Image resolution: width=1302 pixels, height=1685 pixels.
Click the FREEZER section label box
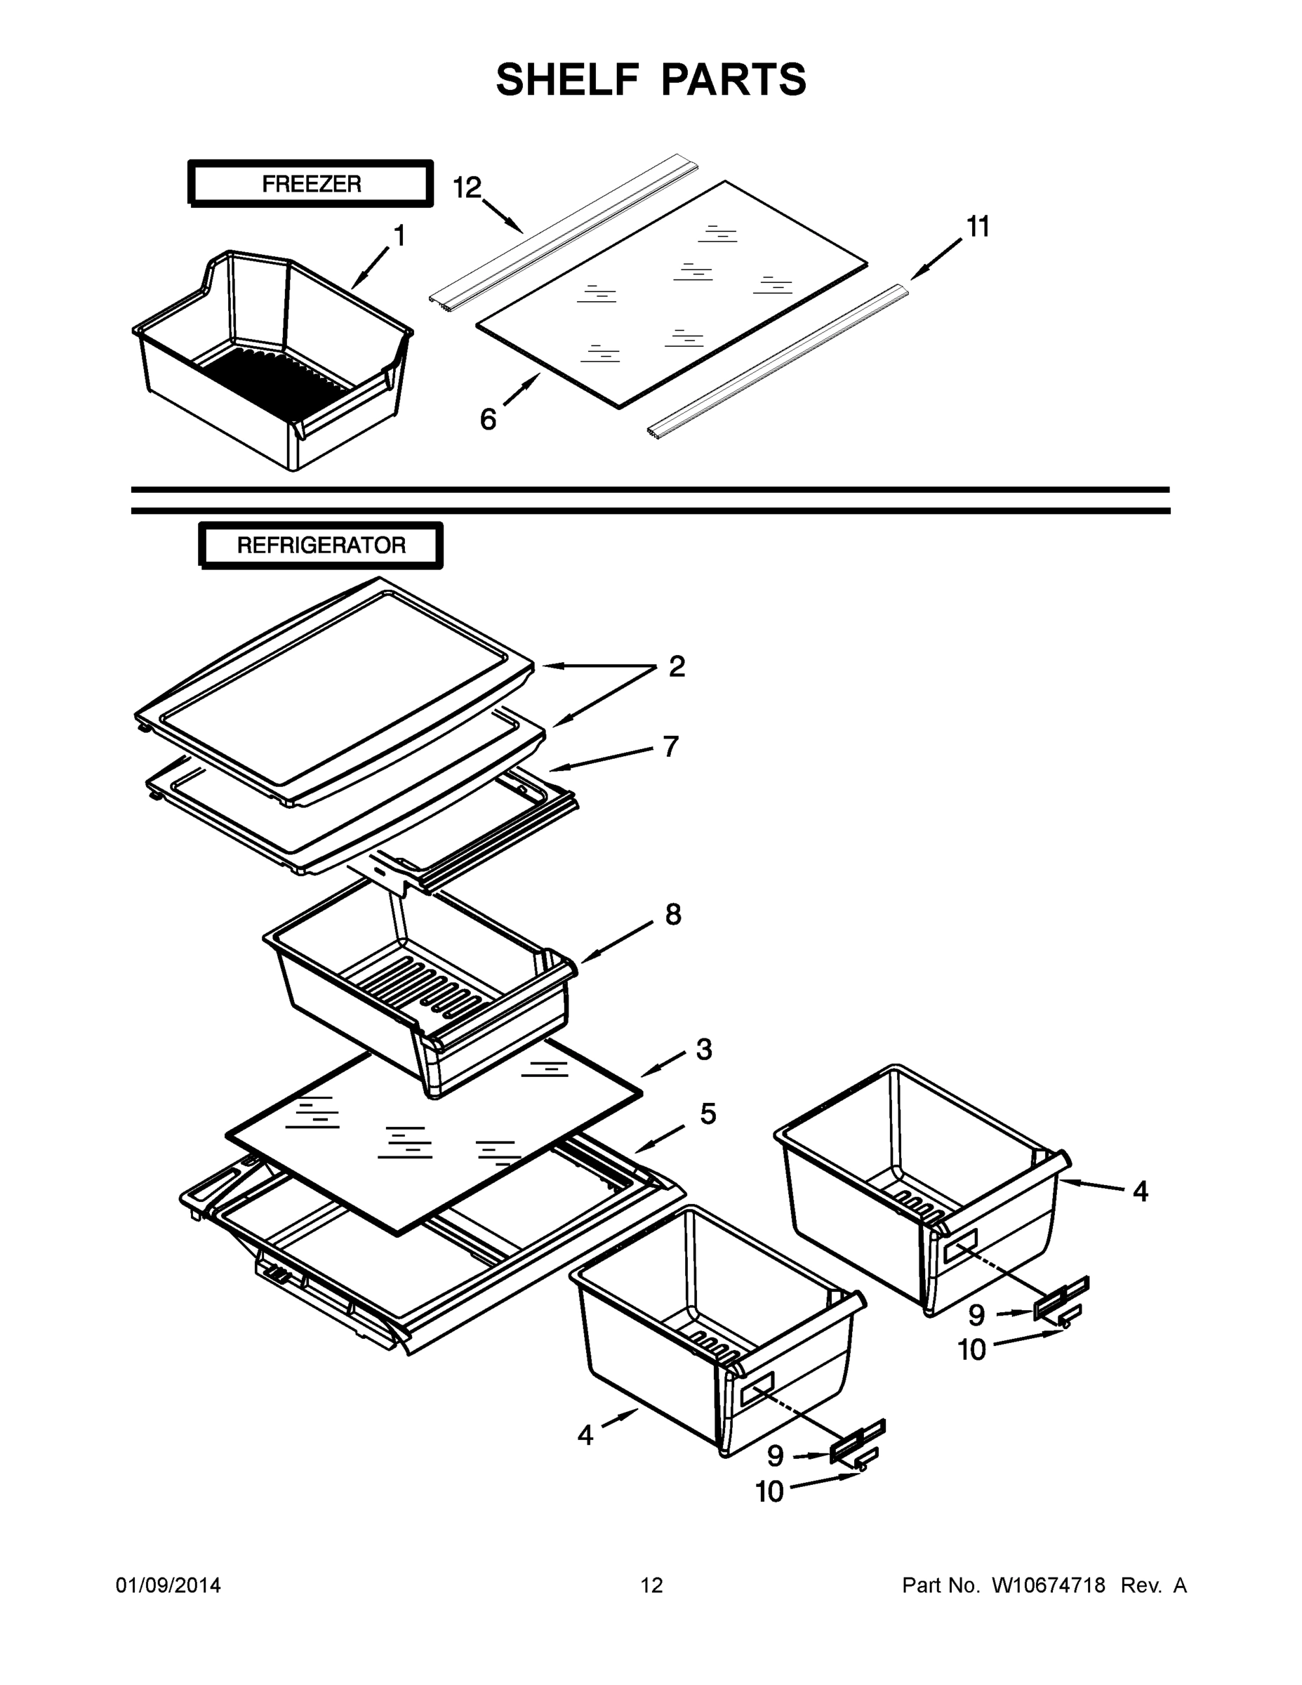[311, 185]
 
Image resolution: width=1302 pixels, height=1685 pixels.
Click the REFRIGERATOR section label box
[321, 546]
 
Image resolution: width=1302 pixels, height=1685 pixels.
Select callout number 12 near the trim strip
[467, 187]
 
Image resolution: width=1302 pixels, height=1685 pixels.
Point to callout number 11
[977, 227]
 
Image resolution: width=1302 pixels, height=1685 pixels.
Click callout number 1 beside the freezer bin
[399, 236]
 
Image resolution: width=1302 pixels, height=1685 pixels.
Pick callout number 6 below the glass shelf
[489, 419]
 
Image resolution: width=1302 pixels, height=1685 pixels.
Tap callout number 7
[670, 746]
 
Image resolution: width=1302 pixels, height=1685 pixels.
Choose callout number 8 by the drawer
[672, 915]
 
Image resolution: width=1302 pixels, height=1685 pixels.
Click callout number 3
[703, 1050]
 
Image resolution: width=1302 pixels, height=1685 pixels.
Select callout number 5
[708, 1114]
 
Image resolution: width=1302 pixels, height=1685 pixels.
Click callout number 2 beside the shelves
[677, 666]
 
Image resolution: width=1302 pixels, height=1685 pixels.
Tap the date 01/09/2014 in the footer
[168, 1585]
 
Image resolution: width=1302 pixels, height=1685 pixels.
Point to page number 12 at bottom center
[652, 1585]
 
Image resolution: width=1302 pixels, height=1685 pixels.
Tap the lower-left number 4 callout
[585, 1436]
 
